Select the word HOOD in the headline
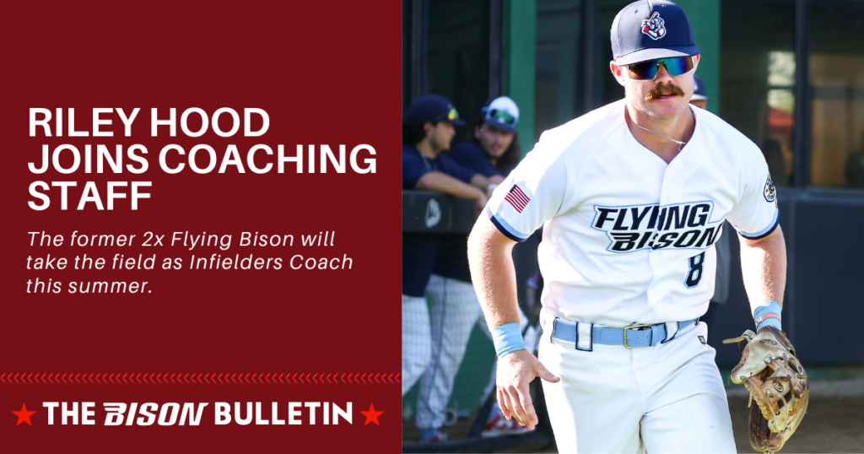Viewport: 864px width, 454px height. click(x=214, y=123)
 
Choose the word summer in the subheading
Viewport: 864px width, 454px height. click(x=108, y=287)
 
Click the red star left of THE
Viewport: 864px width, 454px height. click(x=23, y=413)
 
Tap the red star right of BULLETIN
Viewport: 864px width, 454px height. click(x=371, y=413)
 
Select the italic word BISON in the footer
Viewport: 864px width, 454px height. click(x=155, y=413)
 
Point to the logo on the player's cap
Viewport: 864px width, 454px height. click(x=654, y=26)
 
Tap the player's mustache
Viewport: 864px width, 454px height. click(x=666, y=89)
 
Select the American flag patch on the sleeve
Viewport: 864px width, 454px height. click(x=517, y=198)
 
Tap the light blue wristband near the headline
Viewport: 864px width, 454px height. click(x=508, y=339)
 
